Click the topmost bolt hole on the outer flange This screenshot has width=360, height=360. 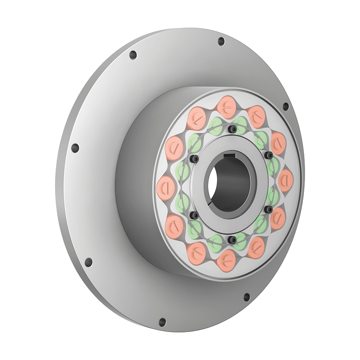click(221, 40)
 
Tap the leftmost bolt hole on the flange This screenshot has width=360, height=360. click(75, 148)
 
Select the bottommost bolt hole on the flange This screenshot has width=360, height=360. click(162, 321)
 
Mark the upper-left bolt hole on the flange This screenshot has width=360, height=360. click(133, 55)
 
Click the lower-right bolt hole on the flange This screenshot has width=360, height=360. click(247, 297)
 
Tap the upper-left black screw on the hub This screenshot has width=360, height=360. click(195, 159)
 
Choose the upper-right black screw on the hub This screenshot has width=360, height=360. click(269, 154)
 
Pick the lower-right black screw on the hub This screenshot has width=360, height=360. click(269, 209)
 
